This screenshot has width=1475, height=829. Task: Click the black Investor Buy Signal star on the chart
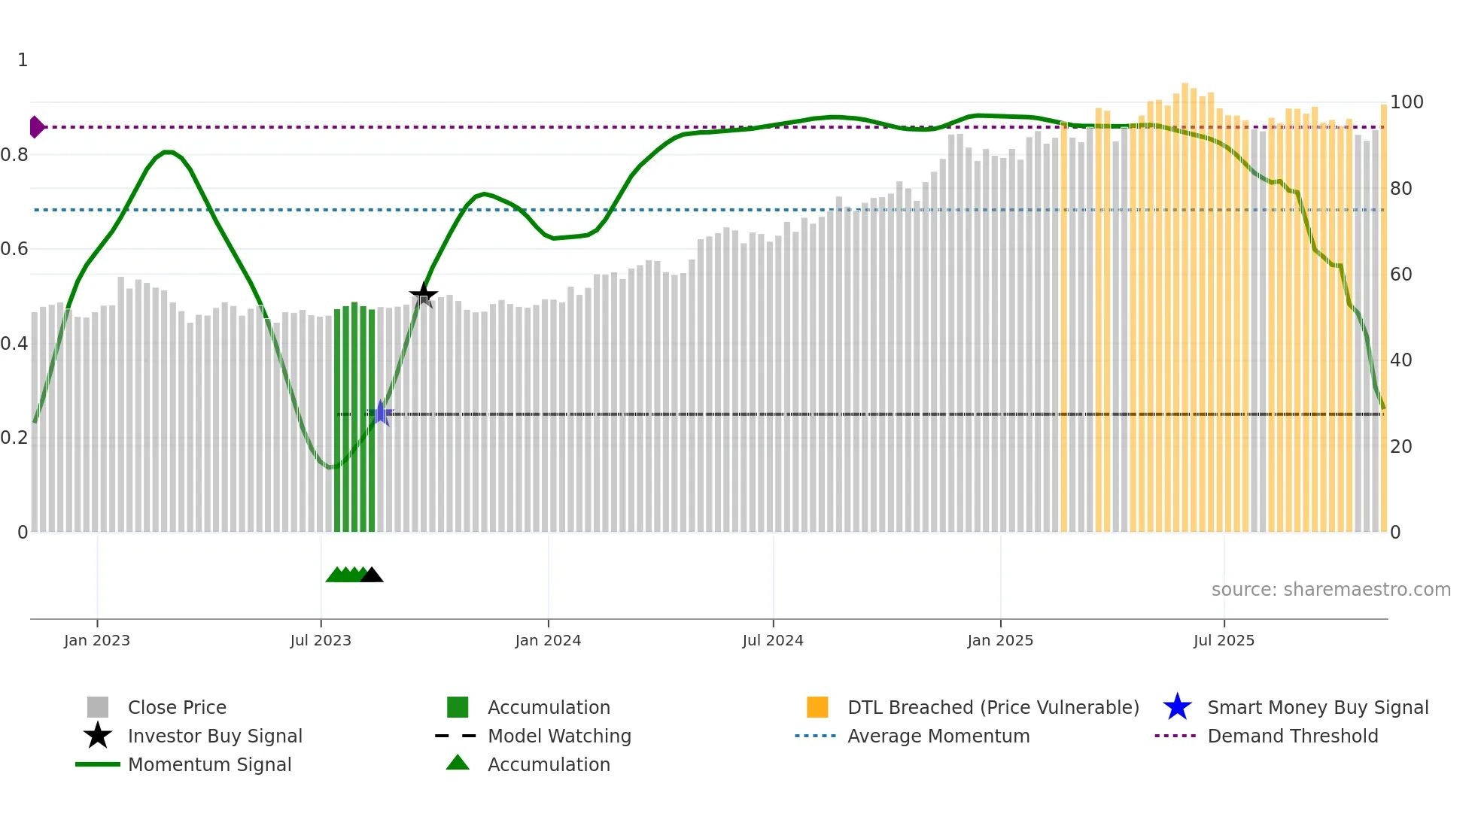pos(424,294)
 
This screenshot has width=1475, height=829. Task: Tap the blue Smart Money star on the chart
pos(381,413)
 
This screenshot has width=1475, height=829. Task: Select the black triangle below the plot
pos(372,575)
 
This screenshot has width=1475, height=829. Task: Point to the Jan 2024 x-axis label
pos(548,640)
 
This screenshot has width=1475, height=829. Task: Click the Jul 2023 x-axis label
pos(321,640)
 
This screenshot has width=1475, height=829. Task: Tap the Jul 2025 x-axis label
pos(1224,640)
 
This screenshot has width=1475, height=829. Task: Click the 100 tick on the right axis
pos(1406,102)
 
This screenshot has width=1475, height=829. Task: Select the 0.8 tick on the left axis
pos(14,155)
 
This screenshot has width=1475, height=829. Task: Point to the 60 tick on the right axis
pos(1400,274)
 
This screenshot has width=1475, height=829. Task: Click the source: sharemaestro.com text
pos(1331,590)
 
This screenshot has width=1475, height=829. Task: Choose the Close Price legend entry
pos(176,707)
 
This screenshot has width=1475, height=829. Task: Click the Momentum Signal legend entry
pos(209,764)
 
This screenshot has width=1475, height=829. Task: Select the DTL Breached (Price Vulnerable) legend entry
pos(993,707)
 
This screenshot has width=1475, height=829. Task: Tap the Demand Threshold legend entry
pos(1292,736)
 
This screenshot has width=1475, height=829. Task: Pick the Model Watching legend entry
pos(558,736)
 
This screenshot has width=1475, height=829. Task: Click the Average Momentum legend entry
pos(938,736)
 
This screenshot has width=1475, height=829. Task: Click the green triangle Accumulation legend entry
pos(548,764)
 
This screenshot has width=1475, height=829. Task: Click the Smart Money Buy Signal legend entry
pos(1317,707)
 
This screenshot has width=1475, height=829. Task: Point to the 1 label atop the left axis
pos(23,60)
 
